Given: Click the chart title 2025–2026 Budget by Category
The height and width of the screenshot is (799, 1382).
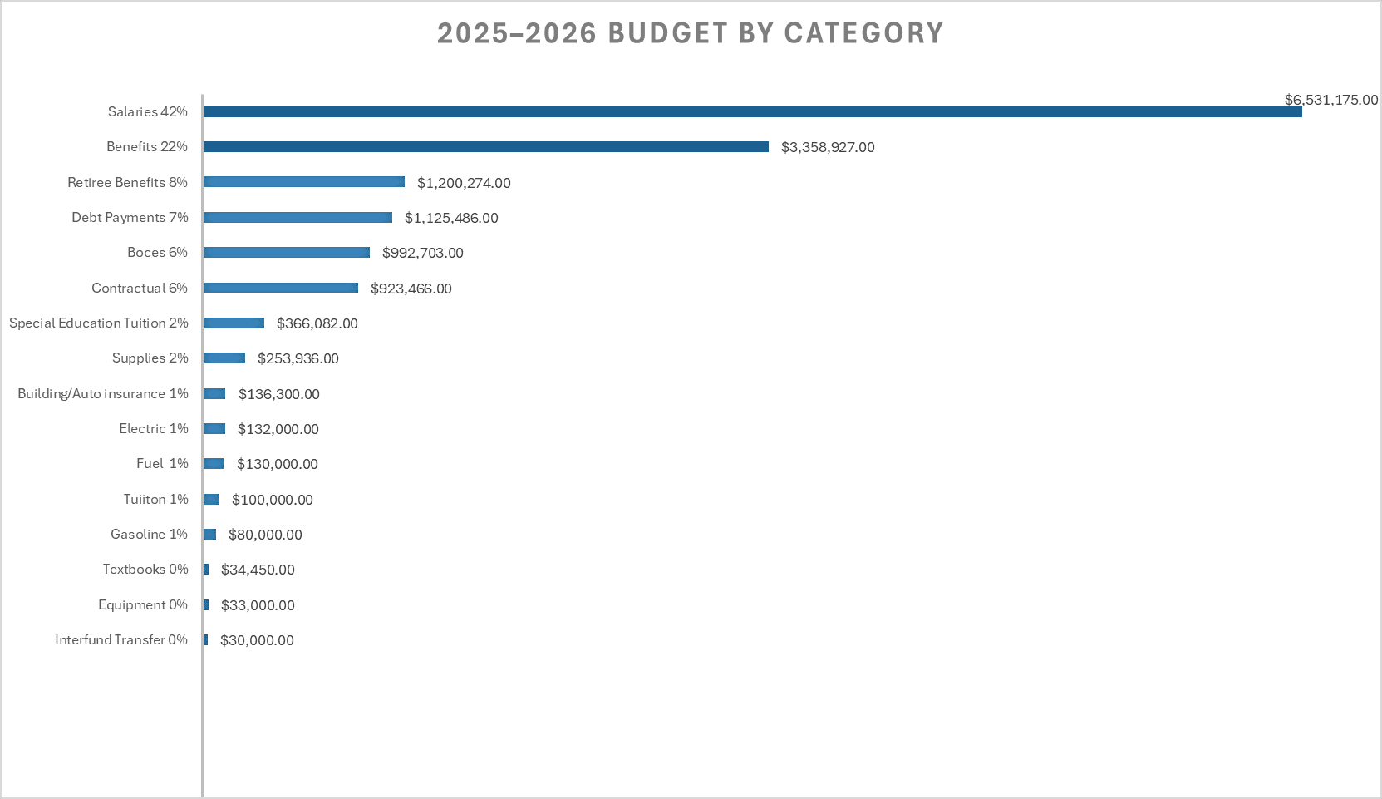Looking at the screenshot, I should [690, 33].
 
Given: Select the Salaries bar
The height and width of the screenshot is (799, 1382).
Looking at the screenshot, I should [752, 111].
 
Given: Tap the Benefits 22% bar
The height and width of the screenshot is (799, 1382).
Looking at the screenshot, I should [486, 146].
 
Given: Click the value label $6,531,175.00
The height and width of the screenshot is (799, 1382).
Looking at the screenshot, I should [1330, 100].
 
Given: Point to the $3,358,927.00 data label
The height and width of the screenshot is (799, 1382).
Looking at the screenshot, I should [827, 147].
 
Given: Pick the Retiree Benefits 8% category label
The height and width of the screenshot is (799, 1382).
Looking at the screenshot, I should [127, 182].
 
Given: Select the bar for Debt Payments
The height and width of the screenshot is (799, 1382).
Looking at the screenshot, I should [298, 217].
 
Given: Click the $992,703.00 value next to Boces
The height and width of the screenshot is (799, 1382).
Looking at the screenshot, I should [422, 253].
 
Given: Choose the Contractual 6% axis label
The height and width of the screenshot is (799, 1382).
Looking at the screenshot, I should [139, 288].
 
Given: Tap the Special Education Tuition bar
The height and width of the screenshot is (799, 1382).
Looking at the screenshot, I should [234, 323].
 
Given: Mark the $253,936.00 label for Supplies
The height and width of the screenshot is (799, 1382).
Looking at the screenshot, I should [298, 358].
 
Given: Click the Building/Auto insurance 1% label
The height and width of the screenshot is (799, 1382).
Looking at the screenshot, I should [102, 393].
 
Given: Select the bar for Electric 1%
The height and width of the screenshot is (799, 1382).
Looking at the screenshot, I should [214, 428].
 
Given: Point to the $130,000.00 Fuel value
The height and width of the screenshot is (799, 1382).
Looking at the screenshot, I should [277, 464].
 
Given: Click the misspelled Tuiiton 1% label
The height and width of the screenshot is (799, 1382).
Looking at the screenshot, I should [155, 499].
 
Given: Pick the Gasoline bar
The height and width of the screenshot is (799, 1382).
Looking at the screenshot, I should [209, 534].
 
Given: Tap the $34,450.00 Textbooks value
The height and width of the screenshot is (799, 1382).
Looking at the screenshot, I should [258, 570].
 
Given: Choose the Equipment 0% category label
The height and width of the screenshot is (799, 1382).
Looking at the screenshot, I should [142, 604].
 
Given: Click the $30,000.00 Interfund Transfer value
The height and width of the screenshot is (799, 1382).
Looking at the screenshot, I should [257, 640].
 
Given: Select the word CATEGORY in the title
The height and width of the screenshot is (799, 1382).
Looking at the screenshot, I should [863, 33].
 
